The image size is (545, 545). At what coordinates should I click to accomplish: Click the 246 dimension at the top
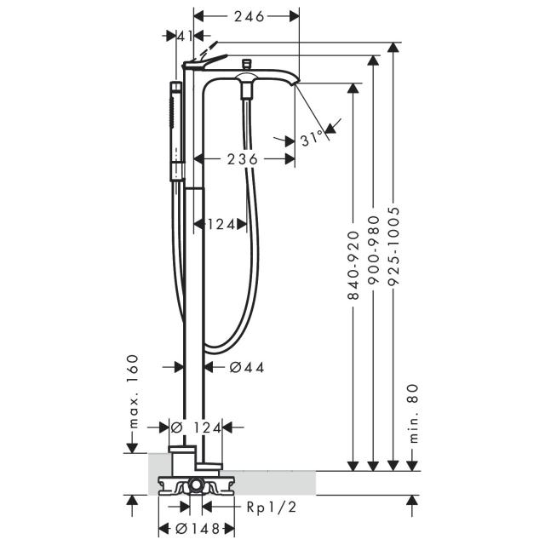coord(250,16)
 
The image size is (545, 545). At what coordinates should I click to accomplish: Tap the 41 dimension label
coord(185,36)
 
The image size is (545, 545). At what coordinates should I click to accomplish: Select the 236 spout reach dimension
coord(243,159)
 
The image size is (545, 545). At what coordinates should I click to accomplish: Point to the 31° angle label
coord(312,138)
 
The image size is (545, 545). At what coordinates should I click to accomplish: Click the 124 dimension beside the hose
coord(221,225)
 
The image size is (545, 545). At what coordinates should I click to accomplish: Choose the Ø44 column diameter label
coord(247,367)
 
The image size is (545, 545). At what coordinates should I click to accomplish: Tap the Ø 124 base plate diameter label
coord(196,427)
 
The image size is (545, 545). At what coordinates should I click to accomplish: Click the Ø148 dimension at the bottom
coord(197,529)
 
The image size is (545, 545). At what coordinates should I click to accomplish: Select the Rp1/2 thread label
coord(272,508)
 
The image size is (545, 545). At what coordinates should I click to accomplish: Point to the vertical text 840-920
coord(353,265)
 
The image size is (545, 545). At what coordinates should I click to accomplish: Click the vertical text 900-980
coord(373,250)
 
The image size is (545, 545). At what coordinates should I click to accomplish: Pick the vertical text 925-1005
coord(393,246)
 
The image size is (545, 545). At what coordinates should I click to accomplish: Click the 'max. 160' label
coord(133,392)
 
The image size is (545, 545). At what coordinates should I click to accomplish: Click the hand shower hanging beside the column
coord(176,131)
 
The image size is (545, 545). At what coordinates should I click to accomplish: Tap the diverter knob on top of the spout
coord(246,64)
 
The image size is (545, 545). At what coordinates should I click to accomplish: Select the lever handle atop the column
coord(204,61)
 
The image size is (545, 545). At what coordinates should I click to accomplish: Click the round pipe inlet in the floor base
coord(196,484)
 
